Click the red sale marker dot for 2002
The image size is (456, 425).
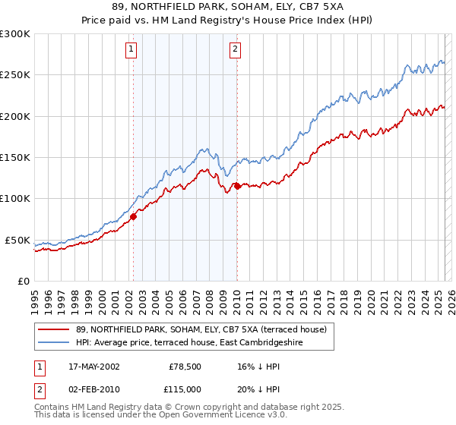(x=133, y=216)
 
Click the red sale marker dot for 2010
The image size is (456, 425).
(x=237, y=186)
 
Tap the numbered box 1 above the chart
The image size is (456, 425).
(x=131, y=50)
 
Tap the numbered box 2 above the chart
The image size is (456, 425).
(x=236, y=50)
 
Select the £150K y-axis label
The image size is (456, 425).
(x=15, y=158)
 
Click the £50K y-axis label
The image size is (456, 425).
(x=18, y=240)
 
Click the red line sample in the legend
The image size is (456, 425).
(x=54, y=329)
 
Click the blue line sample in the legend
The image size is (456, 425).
(x=54, y=343)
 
